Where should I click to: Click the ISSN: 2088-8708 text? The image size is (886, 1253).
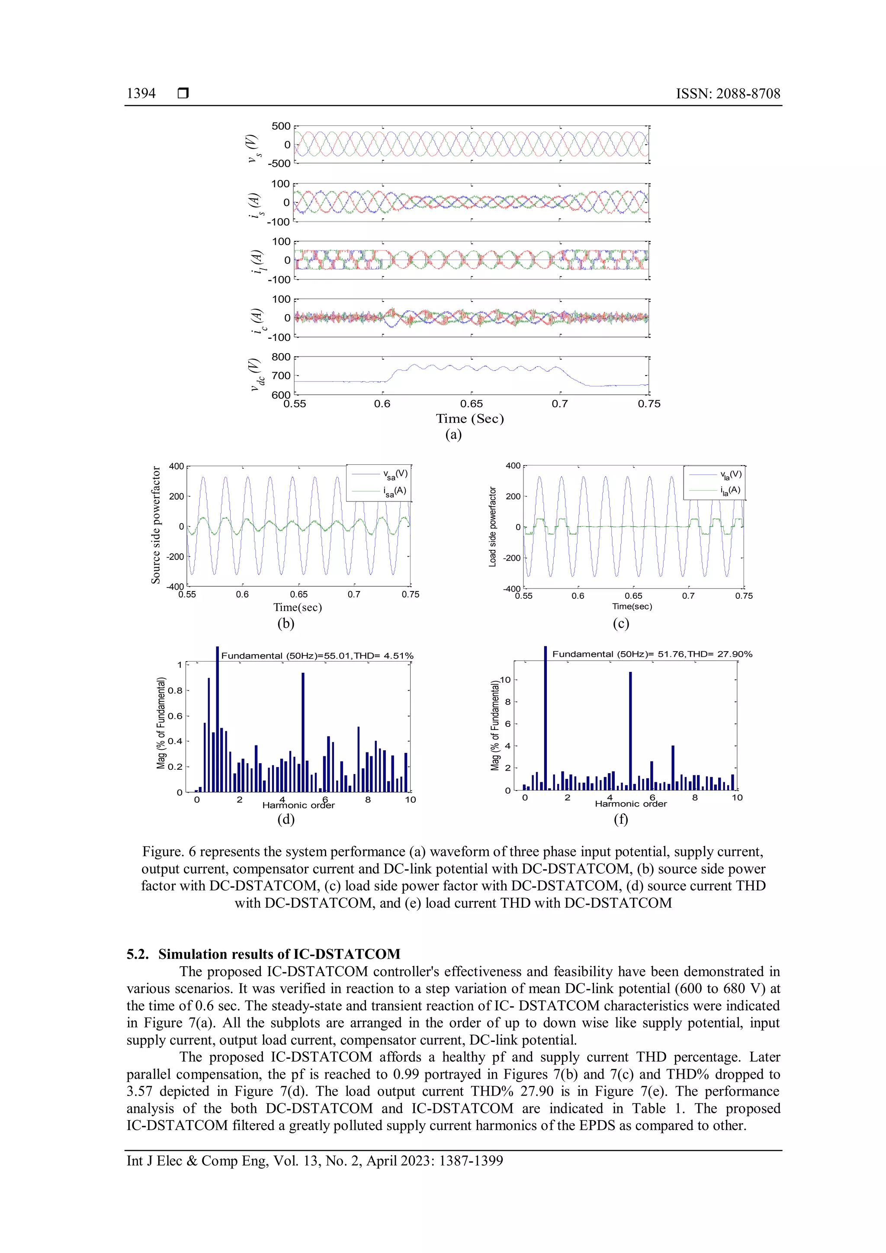(x=728, y=93)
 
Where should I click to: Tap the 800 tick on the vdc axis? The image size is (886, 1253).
(x=281, y=357)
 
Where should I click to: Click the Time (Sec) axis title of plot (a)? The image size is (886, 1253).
(x=469, y=418)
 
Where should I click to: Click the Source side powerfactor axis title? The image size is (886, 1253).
(x=156, y=525)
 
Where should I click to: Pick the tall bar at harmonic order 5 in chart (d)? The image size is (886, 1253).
(x=303, y=731)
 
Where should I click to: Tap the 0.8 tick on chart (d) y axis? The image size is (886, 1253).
(x=175, y=691)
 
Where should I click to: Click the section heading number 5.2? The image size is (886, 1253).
(x=137, y=954)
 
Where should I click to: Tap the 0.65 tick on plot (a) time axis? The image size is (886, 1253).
(x=472, y=404)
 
